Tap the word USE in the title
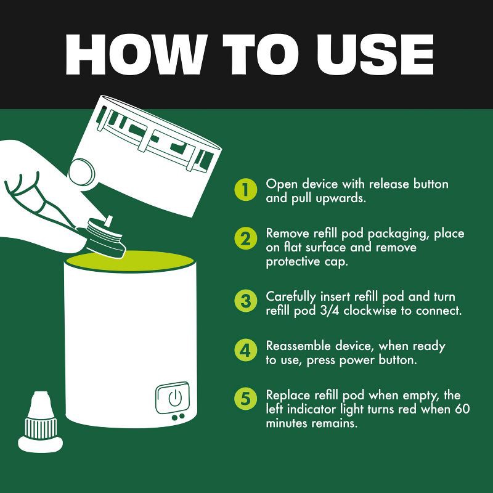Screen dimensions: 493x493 click(x=375, y=55)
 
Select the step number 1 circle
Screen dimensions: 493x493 click(x=246, y=190)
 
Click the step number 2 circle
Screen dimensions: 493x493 click(x=246, y=238)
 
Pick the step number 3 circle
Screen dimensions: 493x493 click(x=246, y=301)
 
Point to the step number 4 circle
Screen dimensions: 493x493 click(x=246, y=350)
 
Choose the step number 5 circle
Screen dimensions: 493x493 click(x=246, y=399)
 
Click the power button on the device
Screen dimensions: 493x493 click(x=173, y=397)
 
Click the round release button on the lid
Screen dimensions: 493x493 click(x=82, y=173)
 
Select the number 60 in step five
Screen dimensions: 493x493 click(x=462, y=409)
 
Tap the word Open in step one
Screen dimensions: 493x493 click(x=282, y=184)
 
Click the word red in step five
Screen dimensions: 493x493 click(x=408, y=409)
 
